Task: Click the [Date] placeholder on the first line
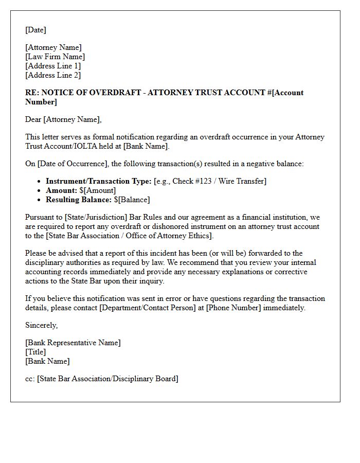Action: (x=35, y=30)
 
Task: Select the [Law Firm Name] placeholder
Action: (x=55, y=57)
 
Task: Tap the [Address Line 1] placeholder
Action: (x=53, y=66)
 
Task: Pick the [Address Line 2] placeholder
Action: (x=53, y=75)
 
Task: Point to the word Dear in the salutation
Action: (x=33, y=119)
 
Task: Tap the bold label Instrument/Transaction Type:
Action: (x=98, y=181)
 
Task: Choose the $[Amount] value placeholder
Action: (x=98, y=190)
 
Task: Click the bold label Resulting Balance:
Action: (x=78, y=200)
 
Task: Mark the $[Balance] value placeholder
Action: (x=132, y=200)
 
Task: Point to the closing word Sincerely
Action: (x=41, y=325)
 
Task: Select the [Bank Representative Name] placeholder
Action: (x=73, y=343)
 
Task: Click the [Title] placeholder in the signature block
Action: (x=35, y=352)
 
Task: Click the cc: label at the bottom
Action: (x=30, y=379)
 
